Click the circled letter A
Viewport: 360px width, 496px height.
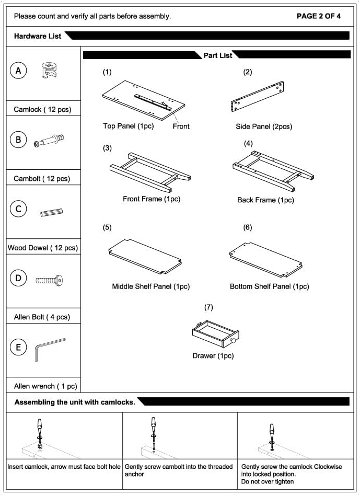click(18, 71)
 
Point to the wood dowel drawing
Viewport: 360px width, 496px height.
click(51, 212)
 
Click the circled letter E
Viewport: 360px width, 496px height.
click(18, 348)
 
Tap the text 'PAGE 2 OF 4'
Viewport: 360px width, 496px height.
click(319, 16)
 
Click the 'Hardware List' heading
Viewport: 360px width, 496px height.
click(38, 36)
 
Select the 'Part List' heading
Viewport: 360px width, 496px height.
click(218, 55)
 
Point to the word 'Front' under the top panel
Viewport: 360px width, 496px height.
click(181, 126)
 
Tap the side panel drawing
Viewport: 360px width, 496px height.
click(257, 97)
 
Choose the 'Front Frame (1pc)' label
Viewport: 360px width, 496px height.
click(152, 199)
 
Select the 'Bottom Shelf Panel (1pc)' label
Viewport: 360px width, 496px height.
click(269, 286)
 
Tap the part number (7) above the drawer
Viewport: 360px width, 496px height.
click(209, 307)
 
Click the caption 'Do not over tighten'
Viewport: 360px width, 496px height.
click(268, 481)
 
